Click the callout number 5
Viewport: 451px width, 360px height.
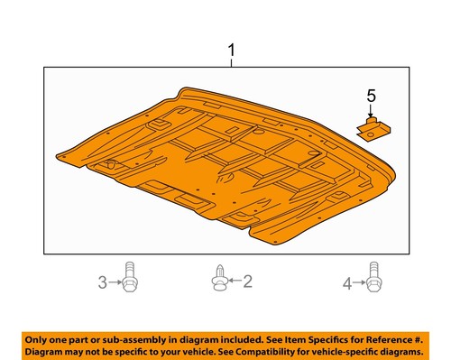point(370,95)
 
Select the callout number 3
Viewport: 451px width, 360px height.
point(102,283)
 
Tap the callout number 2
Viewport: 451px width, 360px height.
point(247,282)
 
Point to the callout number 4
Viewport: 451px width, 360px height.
point(346,284)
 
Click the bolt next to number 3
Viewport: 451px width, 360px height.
point(131,278)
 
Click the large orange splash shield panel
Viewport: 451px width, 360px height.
point(225,171)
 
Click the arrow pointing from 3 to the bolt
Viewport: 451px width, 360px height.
point(115,283)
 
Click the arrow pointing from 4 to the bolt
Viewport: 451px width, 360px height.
point(359,284)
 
